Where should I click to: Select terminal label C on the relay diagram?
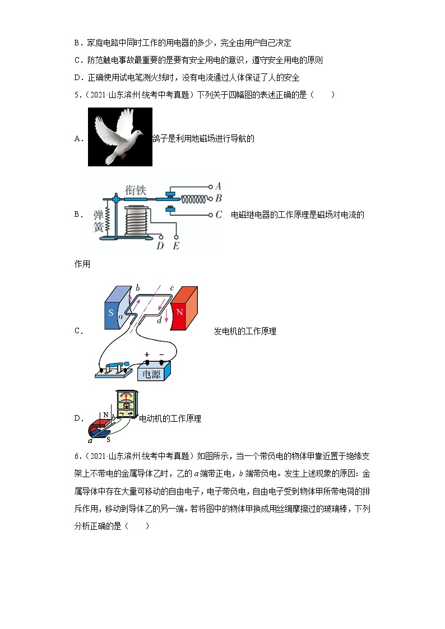[219, 215]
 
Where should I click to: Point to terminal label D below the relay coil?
[160, 245]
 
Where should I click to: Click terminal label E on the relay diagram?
[176, 245]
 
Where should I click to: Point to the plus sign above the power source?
[147, 355]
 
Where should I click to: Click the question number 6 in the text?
[77, 456]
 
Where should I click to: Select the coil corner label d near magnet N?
[160, 320]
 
